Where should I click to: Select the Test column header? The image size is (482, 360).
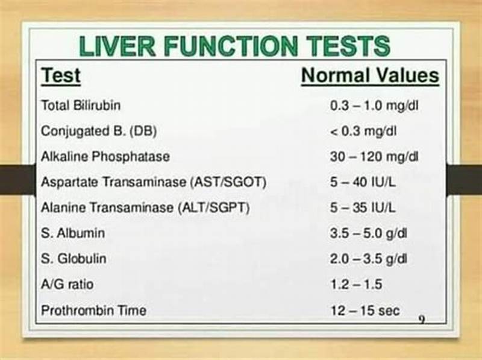coord(60,77)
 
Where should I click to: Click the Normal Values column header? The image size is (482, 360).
coord(370,76)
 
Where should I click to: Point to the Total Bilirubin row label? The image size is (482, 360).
coord(81,106)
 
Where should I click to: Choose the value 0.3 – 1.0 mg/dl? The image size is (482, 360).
coord(374,106)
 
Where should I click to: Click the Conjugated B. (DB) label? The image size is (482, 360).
coord(91,131)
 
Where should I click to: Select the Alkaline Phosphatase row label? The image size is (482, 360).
coord(105,157)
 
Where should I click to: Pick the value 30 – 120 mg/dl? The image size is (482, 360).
coord(374,157)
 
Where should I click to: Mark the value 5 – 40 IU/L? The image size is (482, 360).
coord(363,182)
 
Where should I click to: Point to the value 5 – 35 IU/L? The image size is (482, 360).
coord(363,208)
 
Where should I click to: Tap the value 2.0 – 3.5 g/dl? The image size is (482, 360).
coord(369,259)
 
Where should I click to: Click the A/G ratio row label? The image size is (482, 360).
coord(67,285)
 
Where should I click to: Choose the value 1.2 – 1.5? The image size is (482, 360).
coord(357,285)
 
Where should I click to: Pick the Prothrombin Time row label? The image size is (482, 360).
coord(93,311)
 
